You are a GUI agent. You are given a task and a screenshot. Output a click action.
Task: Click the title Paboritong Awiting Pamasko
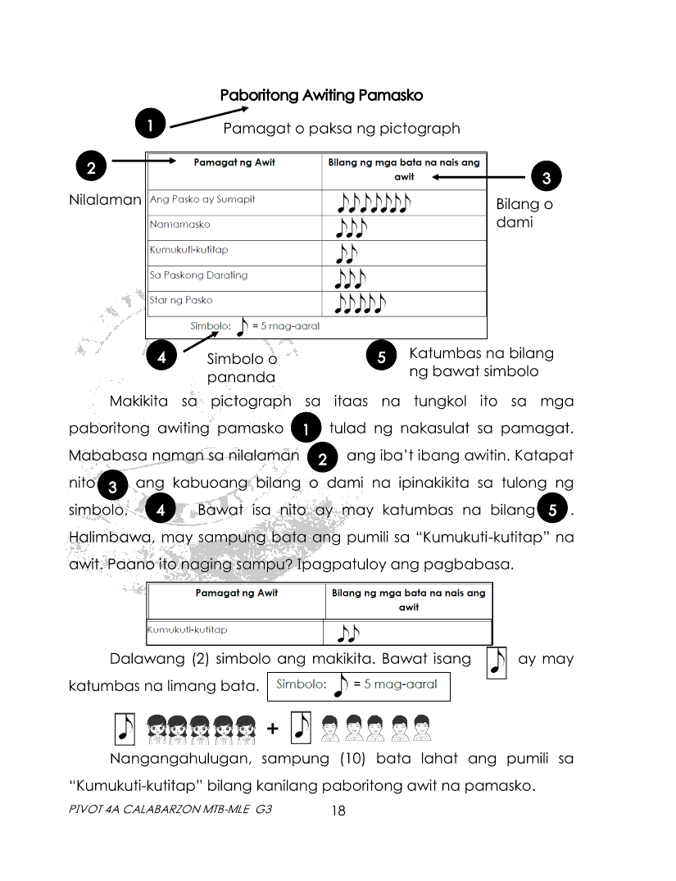tap(321, 95)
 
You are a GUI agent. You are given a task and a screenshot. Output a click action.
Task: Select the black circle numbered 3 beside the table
tap(547, 176)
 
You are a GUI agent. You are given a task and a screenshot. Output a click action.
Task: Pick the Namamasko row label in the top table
tap(179, 225)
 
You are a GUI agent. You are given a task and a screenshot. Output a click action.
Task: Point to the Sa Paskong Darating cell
tap(198, 275)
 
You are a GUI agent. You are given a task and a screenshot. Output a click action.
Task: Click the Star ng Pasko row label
tap(181, 301)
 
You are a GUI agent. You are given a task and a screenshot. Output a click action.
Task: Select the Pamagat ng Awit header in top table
tap(234, 163)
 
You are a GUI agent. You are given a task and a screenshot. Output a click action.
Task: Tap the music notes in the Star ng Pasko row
tap(361, 304)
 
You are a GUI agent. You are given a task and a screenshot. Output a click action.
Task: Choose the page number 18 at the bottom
tap(338, 811)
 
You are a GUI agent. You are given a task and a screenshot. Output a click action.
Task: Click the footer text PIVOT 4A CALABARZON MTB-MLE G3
tap(170, 810)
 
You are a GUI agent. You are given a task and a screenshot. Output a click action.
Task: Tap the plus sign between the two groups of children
tap(272, 729)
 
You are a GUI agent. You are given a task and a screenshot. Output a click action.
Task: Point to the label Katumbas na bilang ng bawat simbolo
tap(481, 362)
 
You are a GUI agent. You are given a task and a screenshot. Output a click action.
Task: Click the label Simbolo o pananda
tap(242, 367)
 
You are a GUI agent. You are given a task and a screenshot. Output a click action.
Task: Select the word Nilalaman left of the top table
tap(106, 200)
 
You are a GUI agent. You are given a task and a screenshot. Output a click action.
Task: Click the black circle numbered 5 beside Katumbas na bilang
tap(382, 357)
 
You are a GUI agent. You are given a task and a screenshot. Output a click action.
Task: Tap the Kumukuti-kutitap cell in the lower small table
tap(187, 630)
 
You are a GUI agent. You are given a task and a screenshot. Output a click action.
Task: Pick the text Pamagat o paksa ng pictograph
tap(342, 129)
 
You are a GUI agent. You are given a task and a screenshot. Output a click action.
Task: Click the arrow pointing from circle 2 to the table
tap(143, 161)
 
